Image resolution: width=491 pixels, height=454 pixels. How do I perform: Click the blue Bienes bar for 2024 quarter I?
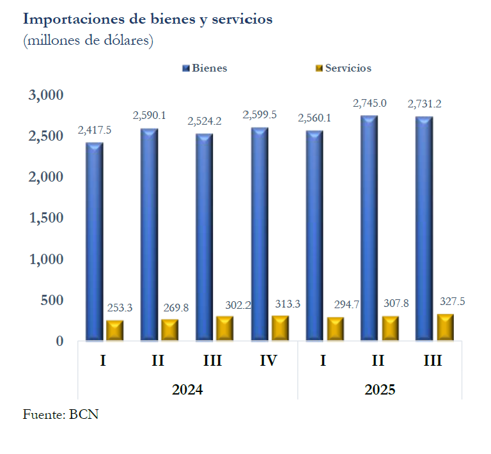point(95,242)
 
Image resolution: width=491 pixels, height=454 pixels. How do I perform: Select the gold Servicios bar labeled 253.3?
point(114,330)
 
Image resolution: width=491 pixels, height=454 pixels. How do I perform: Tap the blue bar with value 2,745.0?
point(369,228)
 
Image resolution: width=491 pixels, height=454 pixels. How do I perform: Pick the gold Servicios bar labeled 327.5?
point(445,327)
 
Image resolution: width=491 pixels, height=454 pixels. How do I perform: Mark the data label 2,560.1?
point(315,118)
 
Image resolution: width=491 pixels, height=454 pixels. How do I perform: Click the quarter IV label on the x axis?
point(269,361)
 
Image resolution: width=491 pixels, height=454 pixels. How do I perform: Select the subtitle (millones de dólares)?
point(88,41)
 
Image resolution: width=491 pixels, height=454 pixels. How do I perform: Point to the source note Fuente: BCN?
point(61,414)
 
